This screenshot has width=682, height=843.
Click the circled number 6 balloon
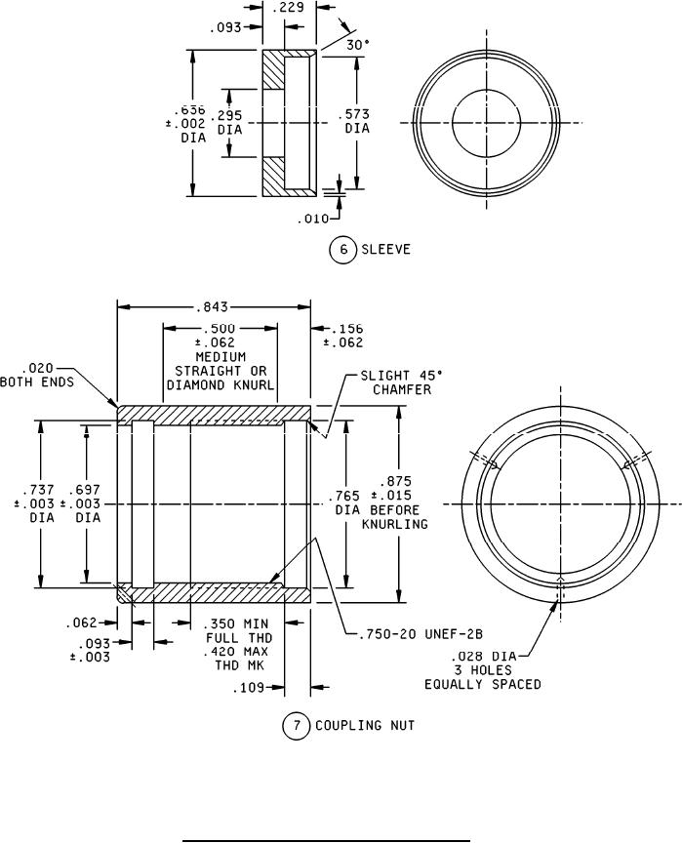pyautogui.click(x=342, y=249)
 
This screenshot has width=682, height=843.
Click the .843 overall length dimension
pyautogui.click(x=214, y=305)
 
